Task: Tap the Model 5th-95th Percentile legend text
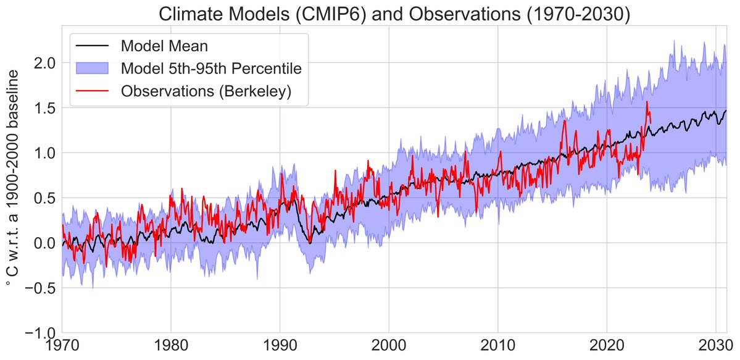pos(211,68)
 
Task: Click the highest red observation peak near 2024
pos(647,103)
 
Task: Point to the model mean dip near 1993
pos(310,243)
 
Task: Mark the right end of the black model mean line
pos(726,111)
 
